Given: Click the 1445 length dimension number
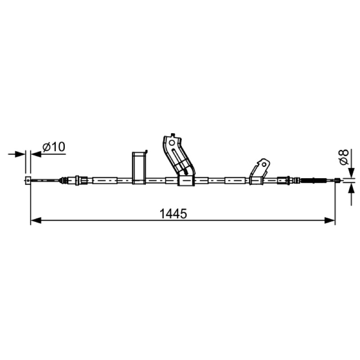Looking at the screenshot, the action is (173, 214).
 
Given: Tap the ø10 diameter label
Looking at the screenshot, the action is (54, 147).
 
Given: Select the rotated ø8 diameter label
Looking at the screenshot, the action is (344, 157).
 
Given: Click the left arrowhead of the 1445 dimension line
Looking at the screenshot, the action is (36, 220).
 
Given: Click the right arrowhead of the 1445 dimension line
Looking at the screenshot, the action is (330, 220).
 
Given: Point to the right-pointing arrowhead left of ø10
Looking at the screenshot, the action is (20, 154).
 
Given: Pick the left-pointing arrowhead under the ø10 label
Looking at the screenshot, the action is (36, 154).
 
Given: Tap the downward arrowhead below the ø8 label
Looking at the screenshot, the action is (351, 172).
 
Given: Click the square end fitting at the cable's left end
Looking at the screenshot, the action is (28, 180).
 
